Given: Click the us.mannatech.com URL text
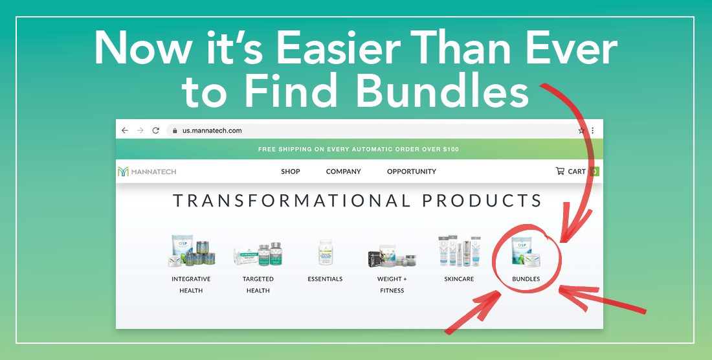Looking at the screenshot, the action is (x=212, y=130).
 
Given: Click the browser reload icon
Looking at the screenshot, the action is (x=156, y=130).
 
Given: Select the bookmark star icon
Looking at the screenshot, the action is (x=581, y=130).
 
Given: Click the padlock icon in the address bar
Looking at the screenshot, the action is (x=175, y=131).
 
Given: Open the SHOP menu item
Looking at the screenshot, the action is (x=291, y=172).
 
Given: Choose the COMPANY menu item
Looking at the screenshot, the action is (x=343, y=172).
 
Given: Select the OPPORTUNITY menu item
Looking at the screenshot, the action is (x=412, y=172).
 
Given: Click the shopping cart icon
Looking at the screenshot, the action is (x=560, y=171).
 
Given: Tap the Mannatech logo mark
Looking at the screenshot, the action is (x=123, y=172).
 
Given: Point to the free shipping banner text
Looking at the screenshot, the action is (x=359, y=150).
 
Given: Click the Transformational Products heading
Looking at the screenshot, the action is (x=357, y=201).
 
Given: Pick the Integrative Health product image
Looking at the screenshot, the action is (x=191, y=251).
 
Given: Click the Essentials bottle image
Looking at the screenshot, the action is (x=326, y=253).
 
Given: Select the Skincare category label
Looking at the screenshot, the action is (x=459, y=279).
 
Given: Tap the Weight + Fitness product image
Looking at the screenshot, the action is (x=392, y=256).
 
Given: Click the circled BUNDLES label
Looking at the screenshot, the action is (x=526, y=279).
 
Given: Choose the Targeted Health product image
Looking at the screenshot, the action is (x=258, y=254).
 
